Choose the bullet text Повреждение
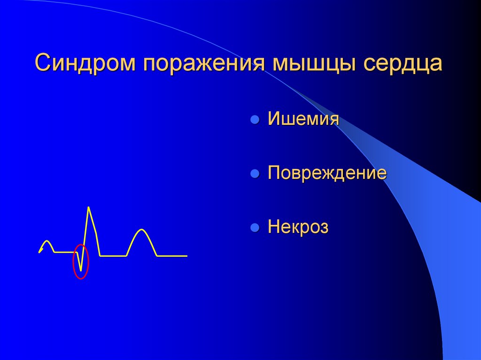click(x=327, y=173)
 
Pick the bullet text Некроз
click(x=298, y=228)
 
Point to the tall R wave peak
click(x=88, y=207)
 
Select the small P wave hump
click(x=47, y=242)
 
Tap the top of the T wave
click(x=141, y=230)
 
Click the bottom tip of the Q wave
click(x=81, y=270)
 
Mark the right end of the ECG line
click(x=186, y=256)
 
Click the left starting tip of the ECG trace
click(x=39, y=253)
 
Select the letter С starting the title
click(x=43, y=64)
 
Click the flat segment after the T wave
click(x=171, y=256)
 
